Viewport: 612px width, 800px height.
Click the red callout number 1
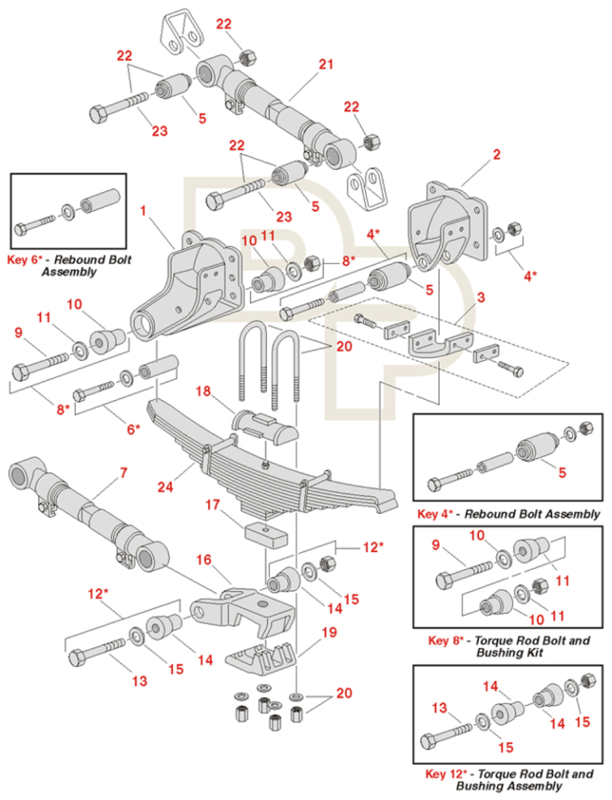[x=143, y=211]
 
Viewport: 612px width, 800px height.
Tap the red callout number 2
[x=496, y=155]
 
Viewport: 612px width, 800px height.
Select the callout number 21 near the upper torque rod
[x=325, y=65]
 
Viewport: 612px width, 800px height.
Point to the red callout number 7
[x=124, y=473]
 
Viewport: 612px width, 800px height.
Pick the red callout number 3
[x=481, y=298]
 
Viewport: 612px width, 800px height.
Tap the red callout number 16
[x=204, y=559]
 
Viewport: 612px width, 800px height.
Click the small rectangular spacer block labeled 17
[x=267, y=534]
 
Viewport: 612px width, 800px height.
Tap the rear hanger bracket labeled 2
[x=446, y=227]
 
